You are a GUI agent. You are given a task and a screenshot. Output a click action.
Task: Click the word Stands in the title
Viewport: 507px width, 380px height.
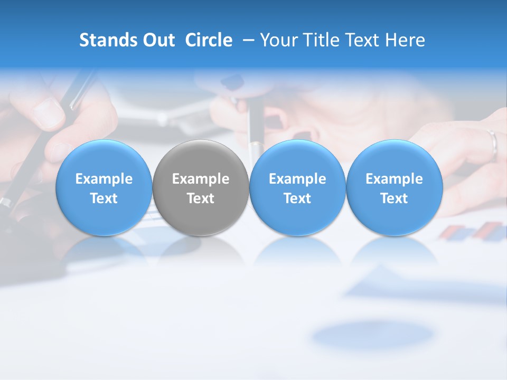coord(108,40)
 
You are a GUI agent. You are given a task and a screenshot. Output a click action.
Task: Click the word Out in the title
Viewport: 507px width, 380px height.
coord(159,40)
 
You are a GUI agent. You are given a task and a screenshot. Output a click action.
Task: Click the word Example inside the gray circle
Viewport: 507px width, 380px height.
coord(201,179)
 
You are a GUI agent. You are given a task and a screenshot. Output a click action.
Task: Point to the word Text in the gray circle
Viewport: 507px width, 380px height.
coord(201,199)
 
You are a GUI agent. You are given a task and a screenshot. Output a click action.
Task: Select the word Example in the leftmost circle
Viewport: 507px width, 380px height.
coord(104,179)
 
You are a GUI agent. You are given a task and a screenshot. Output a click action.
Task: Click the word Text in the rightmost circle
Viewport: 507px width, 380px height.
coord(394,199)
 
